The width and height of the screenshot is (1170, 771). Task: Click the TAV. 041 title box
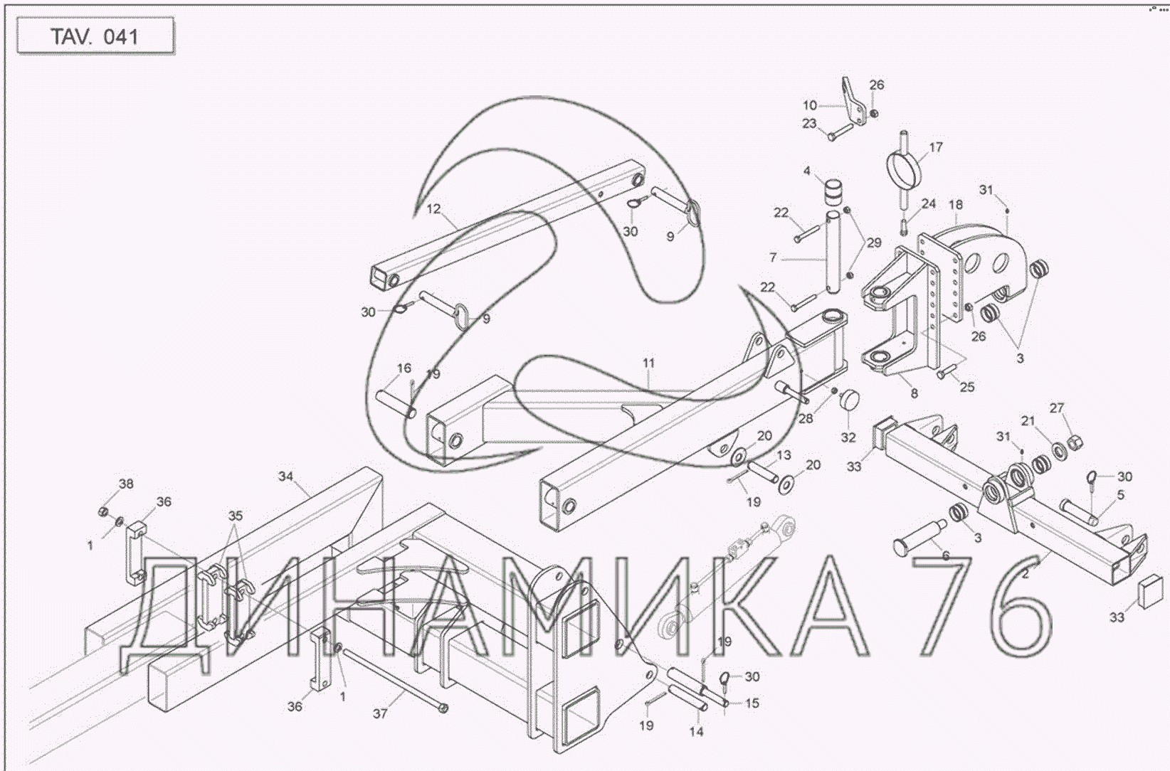point(95,36)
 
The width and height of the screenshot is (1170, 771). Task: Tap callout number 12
point(433,209)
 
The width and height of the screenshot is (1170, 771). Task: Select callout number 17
point(935,147)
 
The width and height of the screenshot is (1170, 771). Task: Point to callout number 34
point(285,476)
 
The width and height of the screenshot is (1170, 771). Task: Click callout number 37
point(380,713)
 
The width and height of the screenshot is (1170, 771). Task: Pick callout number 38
point(126,484)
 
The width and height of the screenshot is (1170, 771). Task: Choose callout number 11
point(648,363)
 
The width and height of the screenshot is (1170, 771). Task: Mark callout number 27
point(1057,408)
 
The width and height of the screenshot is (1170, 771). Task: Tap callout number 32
point(848,437)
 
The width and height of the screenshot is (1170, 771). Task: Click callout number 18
point(956,205)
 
